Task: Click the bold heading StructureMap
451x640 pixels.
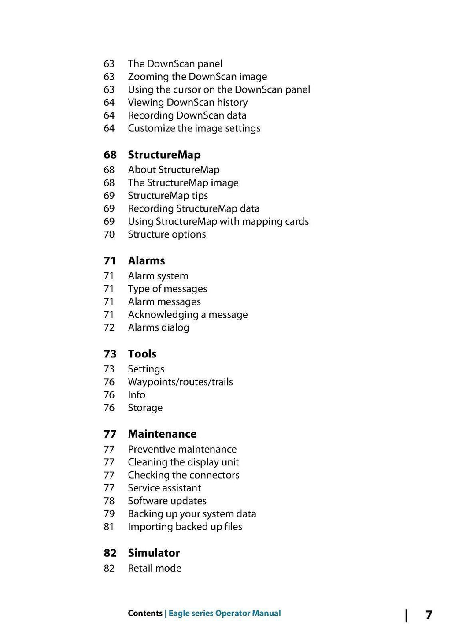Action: pos(164,155)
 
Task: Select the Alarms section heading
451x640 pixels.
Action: pos(146,260)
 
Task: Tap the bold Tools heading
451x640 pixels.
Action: pos(142,354)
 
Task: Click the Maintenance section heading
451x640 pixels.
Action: pos(162,434)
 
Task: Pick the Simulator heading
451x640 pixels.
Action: pos(154,553)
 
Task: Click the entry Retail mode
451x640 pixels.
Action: pos(154,568)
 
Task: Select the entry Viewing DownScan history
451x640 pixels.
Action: pos(188,102)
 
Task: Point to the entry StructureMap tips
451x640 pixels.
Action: pos(168,196)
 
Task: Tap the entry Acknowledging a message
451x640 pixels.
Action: pos(188,315)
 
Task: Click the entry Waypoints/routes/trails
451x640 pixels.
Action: pos(180,382)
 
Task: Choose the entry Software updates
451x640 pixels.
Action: pos(167,501)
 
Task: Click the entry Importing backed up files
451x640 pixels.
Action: pos(185,527)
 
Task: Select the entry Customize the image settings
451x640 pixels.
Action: pos(194,128)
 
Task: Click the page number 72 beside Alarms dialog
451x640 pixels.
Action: pos(109,327)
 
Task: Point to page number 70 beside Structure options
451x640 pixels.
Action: pos(109,234)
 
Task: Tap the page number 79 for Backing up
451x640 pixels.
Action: pos(109,514)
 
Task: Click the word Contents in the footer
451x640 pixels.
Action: pos(145,613)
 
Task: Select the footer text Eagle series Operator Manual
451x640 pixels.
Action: pos(225,613)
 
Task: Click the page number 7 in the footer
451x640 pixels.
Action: pos(429,615)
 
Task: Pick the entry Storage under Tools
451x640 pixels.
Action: pos(145,408)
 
